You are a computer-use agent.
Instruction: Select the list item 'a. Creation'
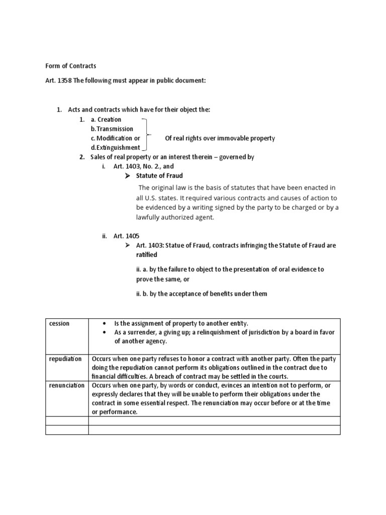click(x=106, y=119)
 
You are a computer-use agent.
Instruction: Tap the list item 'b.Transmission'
click(x=112, y=129)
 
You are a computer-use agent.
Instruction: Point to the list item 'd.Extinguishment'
click(x=115, y=147)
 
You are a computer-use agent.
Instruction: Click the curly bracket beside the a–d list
click(x=146, y=134)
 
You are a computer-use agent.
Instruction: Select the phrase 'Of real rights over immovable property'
click(x=220, y=138)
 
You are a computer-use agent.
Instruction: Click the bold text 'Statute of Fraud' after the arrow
click(x=160, y=176)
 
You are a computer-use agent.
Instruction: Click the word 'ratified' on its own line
click(x=146, y=255)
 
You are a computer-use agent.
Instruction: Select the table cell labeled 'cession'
click(x=59, y=323)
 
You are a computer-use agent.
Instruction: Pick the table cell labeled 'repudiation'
click(x=65, y=359)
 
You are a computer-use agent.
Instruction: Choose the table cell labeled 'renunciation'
click(x=66, y=385)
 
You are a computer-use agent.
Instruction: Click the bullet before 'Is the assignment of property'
click(x=104, y=323)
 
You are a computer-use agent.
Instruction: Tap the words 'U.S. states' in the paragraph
click(x=163, y=198)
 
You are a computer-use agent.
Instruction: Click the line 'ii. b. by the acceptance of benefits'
click(x=201, y=294)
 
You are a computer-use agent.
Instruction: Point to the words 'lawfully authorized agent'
click(x=174, y=217)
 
